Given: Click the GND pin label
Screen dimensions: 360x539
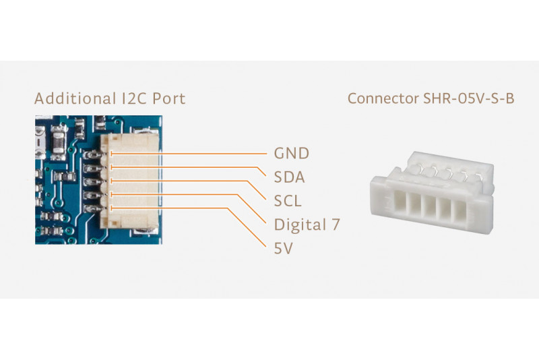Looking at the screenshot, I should click(291, 153).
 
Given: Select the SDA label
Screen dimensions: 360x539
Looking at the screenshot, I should click(290, 178).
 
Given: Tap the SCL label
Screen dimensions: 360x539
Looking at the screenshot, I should click(288, 201).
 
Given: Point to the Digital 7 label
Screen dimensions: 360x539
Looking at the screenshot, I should click(307, 224).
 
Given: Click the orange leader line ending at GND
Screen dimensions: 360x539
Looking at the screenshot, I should click(202, 153).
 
